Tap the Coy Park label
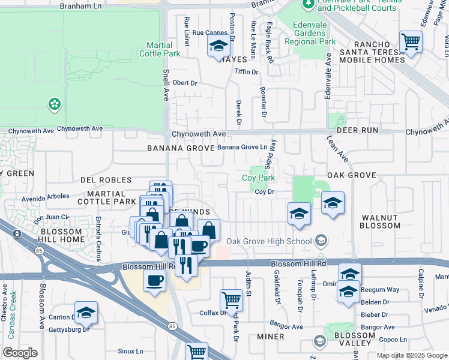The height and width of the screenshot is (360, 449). pyautogui.click(x=258, y=178)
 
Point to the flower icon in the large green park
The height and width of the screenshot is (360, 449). pyautogui.click(x=55, y=104)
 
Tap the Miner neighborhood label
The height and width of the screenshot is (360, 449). pyautogui.click(x=270, y=337)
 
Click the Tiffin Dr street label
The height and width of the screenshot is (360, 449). pyautogui.click(x=246, y=72)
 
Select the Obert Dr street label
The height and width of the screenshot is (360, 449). pyautogui.click(x=185, y=83)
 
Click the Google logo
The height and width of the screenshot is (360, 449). pyautogui.click(x=20, y=353)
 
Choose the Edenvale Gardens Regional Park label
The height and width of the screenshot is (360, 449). pyautogui.click(x=314, y=33)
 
